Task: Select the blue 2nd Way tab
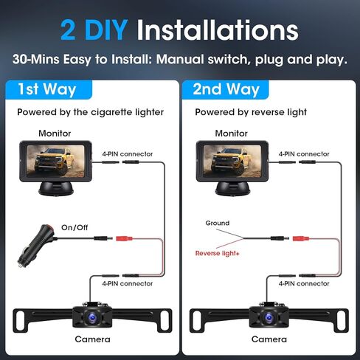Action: pyautogui.click(x=226, y=89)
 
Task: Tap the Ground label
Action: pyautogui.click(x=218, y=223)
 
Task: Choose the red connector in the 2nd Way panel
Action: pyautogui.click(x=301, y=239)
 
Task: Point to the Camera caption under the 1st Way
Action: pyautogui.click(x=92, y=339)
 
